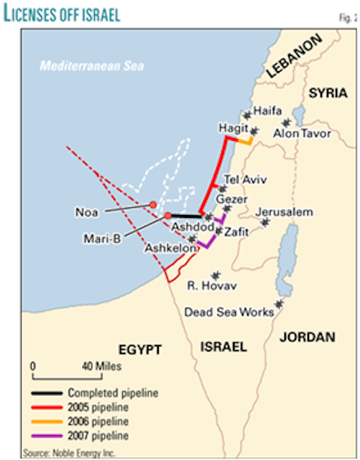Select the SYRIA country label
tap(328, 93)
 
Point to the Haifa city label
tap(267, 111)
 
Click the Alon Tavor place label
tap(302, 134)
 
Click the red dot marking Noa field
tap(153, 204)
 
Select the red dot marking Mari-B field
tap(167, 216)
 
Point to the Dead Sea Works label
tap(229, 313)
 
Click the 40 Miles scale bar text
tap(100, 367)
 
